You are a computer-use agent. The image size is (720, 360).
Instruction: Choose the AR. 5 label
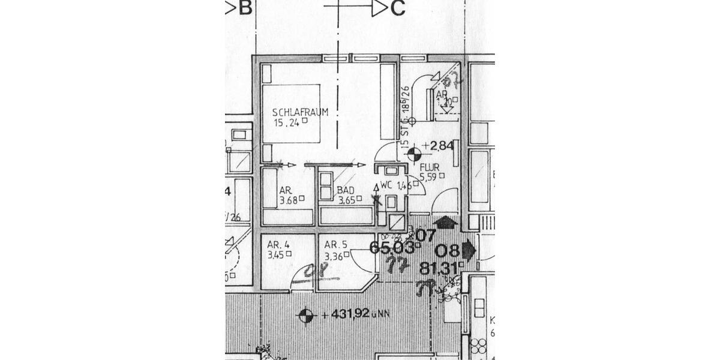[336, 245]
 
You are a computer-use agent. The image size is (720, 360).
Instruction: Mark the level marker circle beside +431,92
[306, 314]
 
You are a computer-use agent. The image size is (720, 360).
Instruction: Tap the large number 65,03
[392, 248]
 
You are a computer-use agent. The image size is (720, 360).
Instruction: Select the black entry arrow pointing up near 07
[445, 222]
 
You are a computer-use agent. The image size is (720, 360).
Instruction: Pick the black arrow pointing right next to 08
[469, 250]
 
